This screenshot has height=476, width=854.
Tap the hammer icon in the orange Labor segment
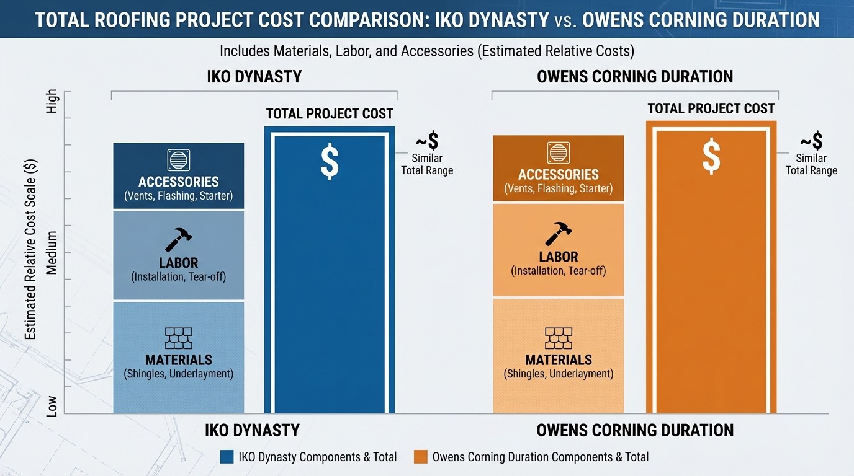click(559, 233)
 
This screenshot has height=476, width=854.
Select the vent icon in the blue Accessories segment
click(179, 160)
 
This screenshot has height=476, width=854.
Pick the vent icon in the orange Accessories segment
click(559, 153)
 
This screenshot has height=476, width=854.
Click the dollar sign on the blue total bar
click(330, 162)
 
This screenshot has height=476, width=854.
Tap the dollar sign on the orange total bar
click(711, 156)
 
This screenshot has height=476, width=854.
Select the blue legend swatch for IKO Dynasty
click(227, 457)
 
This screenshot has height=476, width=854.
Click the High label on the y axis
click(52, 101)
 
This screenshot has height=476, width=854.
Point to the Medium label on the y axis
click(52, 253)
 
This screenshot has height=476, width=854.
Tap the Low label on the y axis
click(52, 405)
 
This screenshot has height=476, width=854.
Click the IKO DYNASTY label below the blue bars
click(252, 430)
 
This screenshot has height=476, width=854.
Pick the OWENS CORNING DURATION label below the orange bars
click(635, 430)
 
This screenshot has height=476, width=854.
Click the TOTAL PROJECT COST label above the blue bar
click(330, 113)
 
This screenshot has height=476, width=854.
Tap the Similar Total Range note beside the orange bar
click(811, 164)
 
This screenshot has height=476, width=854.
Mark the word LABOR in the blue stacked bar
click(178, 263)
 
